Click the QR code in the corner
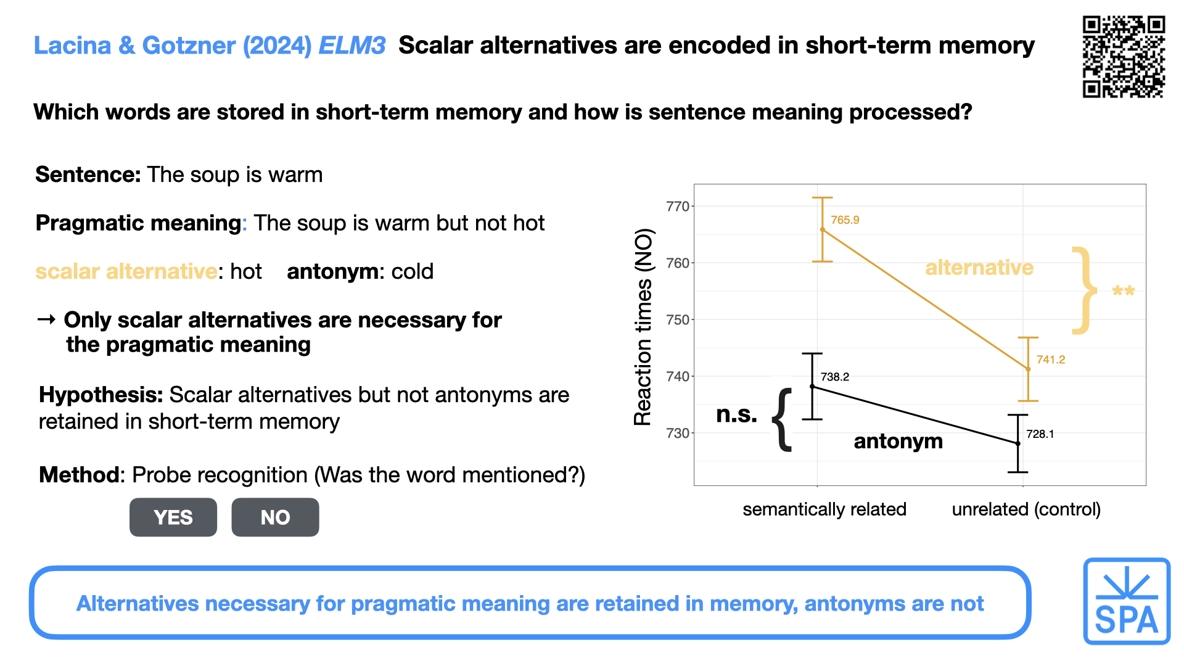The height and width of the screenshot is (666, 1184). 1124,57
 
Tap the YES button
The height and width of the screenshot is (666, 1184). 173,517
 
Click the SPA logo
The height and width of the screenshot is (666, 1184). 1127,601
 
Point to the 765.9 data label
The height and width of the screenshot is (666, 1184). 845,220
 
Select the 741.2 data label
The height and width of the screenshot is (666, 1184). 1051,360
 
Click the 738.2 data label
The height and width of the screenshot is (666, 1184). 835,377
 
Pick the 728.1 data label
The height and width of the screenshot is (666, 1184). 1040,434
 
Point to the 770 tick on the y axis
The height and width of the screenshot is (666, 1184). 678,207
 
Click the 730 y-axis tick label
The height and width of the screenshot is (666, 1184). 678,434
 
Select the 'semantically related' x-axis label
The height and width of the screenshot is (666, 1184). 824,509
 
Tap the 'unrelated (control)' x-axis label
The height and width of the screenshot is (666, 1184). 1026,509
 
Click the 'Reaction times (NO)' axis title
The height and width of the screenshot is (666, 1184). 643,327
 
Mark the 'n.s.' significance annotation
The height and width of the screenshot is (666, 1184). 736,414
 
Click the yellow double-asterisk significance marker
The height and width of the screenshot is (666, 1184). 1123,290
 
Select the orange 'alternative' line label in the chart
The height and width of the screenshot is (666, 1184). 979,268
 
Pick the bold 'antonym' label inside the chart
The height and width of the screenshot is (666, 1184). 898,442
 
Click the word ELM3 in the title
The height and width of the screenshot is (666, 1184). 352,46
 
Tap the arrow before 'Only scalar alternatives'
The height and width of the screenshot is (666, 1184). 46,319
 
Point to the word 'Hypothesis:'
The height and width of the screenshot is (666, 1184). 101,395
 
